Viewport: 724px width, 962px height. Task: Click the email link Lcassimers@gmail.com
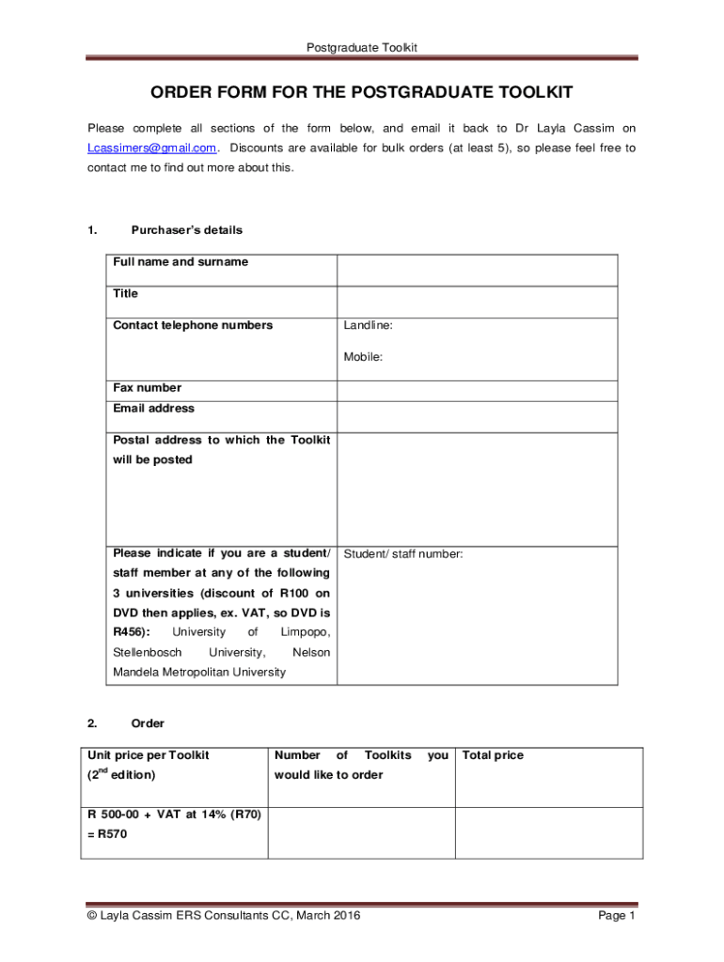pos(152,148)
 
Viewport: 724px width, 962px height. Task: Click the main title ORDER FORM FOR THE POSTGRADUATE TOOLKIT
pos(362,92)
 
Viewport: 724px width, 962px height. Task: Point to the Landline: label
pos(368,325)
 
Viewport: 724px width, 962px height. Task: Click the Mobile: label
pos(363,357)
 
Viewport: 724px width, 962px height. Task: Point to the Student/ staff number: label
pos(403,554)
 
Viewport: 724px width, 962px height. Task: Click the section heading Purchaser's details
pos(186,230)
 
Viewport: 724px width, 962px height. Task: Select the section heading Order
pos(148,723)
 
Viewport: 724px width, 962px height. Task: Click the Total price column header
pos(493,755)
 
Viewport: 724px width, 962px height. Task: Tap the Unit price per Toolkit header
pos(149,755)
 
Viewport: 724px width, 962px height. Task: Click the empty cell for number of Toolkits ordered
pos(361,832)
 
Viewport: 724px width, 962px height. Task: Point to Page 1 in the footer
pos(618,916)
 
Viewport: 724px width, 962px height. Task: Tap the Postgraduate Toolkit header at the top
pos(362,47)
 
